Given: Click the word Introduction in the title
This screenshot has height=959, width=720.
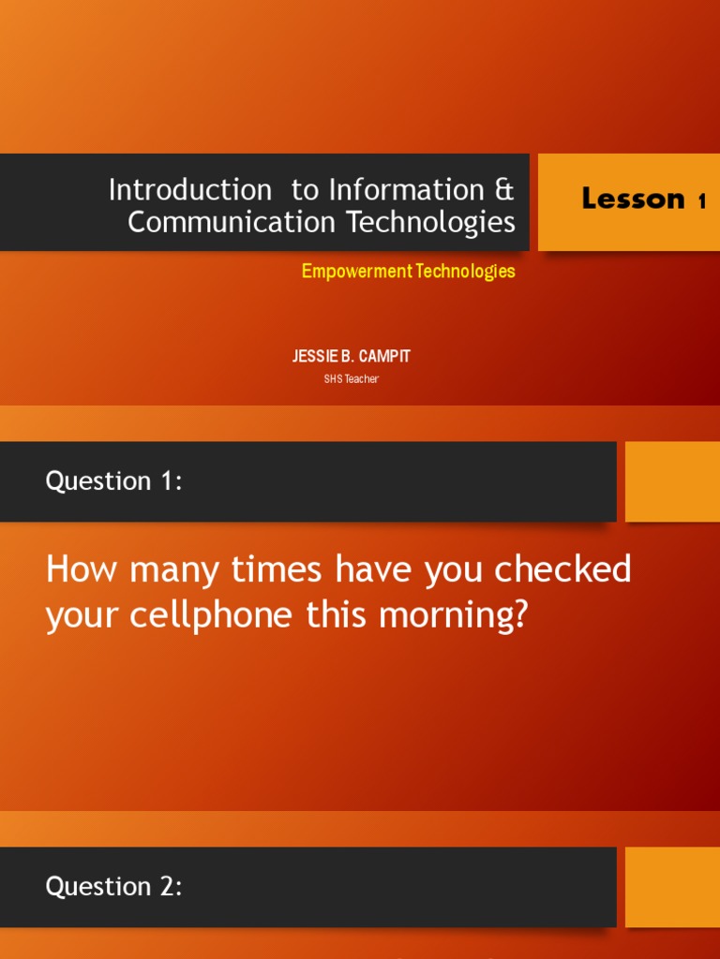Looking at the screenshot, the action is (189, 189).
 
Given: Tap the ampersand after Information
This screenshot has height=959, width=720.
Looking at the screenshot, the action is (504, 189).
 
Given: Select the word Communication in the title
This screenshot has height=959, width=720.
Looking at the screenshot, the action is (232, 221).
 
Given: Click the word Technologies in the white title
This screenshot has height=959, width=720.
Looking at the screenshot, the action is (431, 223).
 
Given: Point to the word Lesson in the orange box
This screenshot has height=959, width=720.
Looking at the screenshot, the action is (633, 199).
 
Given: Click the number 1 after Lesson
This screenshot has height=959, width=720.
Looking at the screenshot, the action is (701, 201).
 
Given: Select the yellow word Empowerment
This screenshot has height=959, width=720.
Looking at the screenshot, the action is (357, 271).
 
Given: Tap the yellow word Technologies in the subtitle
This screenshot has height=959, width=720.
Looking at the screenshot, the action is (465, 271).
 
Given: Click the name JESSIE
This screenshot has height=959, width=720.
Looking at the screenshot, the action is (315, 356).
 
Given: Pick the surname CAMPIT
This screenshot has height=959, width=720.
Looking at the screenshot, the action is (383, 356).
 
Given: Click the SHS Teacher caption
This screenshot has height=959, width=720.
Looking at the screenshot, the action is (352, 379).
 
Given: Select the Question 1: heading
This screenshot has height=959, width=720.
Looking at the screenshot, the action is (113, 481).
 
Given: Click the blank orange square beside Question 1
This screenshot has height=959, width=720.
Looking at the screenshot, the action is (672, 481).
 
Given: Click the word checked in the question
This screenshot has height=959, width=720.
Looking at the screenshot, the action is (562, 568).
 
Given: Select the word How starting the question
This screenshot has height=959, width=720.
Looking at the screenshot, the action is (81, 569).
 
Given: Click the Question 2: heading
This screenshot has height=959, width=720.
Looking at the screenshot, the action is (113, 887).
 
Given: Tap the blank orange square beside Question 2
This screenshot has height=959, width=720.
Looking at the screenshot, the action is (672, 887).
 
